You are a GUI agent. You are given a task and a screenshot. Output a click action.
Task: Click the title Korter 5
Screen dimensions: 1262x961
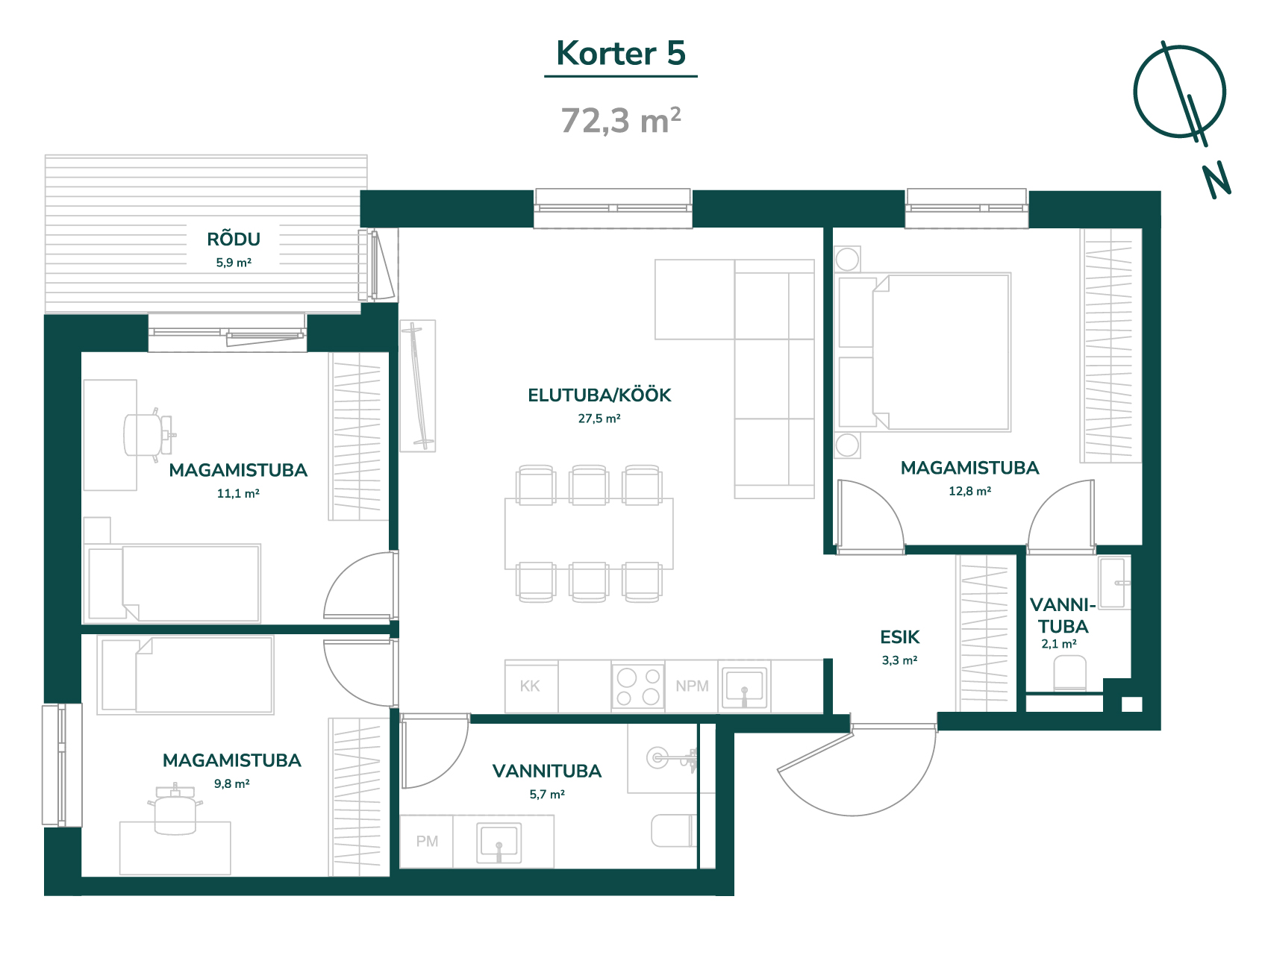point(621,53)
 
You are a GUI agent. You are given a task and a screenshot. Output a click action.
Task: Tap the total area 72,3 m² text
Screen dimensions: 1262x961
point(621,120)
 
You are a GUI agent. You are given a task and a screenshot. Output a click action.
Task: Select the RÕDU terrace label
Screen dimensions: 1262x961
point(234,239)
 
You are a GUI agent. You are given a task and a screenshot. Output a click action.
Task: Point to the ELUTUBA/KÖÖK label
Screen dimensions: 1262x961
point(599,395)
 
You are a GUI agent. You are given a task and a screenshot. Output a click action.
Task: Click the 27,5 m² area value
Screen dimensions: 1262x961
point(599,419)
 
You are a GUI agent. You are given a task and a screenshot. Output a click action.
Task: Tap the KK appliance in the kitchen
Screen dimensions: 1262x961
point(531,686)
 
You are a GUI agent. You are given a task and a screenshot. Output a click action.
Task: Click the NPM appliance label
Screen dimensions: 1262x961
point(692,686)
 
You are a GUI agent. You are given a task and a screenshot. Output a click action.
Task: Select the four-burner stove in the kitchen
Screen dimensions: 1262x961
point(638,686)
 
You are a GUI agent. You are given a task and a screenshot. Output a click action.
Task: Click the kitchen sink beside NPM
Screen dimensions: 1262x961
point(744,686)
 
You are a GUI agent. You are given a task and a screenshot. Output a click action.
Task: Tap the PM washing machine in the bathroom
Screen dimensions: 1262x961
point(427,842)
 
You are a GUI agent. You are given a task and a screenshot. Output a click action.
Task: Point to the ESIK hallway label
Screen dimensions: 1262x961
point(899,637)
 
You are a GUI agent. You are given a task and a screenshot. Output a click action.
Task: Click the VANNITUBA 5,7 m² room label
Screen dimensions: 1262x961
point(547,771)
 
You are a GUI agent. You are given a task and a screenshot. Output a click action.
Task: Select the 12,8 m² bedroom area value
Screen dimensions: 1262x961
point(969,491)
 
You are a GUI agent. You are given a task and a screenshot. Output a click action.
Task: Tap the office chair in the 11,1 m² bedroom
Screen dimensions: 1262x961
point(148,434)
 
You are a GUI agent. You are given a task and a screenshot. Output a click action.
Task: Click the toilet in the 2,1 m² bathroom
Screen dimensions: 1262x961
point(1069,673)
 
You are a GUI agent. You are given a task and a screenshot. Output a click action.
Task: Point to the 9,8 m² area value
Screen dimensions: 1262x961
point(232,783)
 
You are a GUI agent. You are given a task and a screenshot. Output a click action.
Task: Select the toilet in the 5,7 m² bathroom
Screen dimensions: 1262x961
point(674,830)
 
